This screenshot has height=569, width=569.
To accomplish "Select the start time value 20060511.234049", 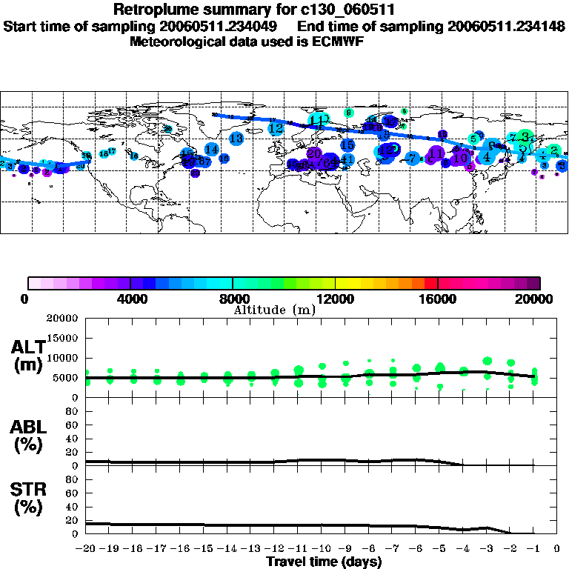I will (x=226, y=26).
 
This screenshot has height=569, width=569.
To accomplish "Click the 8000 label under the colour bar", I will (x=232, y=299).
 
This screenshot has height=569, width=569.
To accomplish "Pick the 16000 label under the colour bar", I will (x=438, y=299).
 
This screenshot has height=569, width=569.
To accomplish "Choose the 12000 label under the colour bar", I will (x=335, y=299).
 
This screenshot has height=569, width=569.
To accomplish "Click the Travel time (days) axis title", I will (x=324, y=562).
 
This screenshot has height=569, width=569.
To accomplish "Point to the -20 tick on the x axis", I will (x=87, y=549).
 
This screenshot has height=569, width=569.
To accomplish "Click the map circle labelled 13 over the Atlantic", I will (x=236, y=139).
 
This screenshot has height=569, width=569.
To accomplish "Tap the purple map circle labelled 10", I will (x=460, y=158).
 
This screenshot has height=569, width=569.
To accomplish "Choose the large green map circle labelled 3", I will (x=525, y=136).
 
